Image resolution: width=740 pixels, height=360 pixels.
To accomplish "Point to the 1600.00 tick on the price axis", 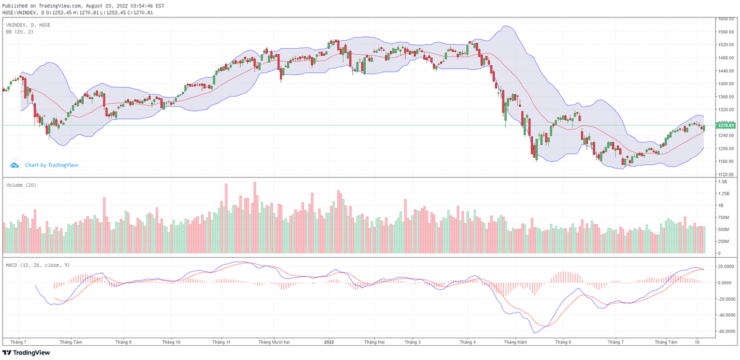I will [x=725, y=19].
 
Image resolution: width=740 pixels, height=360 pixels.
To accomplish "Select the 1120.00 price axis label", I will [x=725, y=174].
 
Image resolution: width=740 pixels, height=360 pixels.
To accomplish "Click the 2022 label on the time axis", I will [x=329, y=342].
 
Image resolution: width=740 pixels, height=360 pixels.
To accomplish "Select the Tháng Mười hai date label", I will [x=274, y=342].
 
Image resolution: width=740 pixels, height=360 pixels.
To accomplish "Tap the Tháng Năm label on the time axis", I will [x=516, y=342].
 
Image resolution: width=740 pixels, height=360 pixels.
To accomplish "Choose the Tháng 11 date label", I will [x=221, y=342].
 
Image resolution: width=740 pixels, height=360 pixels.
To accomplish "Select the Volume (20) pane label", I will [x=20, y=185].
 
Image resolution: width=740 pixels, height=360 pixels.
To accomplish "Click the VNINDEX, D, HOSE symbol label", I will [x=28, y=25].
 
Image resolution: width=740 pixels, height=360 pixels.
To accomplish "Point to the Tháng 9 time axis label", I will [x=123, y=342].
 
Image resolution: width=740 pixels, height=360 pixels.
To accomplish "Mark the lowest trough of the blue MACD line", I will [x=535, y=333].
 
